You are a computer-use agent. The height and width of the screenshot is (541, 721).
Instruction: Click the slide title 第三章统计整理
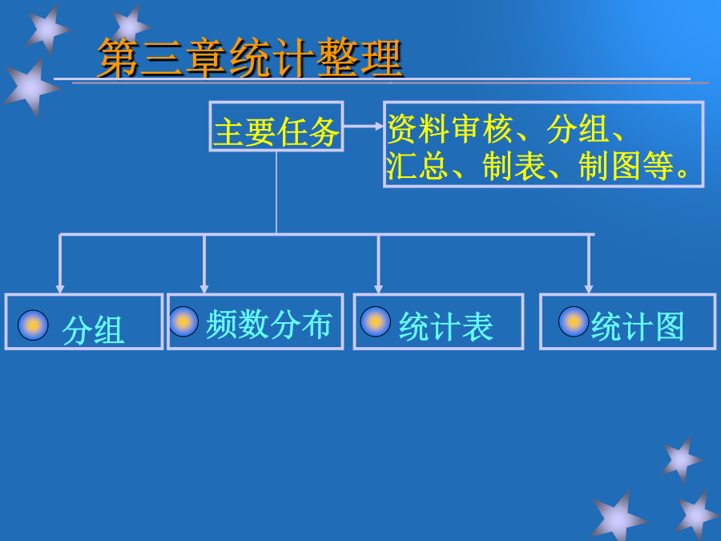[x=250, y=58]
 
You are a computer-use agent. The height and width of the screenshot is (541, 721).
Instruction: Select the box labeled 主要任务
[x=276, y=126]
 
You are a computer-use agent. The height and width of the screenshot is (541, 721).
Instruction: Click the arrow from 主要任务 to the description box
[x=363, y=126]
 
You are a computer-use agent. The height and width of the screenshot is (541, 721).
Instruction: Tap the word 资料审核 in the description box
[x=450, y=129]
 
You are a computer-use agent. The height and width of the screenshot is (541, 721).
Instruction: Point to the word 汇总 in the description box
[x=417, y=166]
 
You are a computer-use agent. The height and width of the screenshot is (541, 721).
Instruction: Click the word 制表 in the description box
[x=514, y=166]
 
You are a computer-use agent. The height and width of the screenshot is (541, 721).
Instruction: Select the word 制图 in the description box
[x=610, y=166]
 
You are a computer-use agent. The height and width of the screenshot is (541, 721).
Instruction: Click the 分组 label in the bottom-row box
[x=94, y=329]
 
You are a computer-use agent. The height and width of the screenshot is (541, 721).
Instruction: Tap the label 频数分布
[x=269, y=325]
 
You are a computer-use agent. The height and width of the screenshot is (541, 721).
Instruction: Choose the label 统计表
[x=446, y=326]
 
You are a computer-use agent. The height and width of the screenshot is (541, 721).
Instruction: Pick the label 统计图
[x=638, y=326]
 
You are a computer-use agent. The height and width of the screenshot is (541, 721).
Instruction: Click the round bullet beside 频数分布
[x=183, y=321]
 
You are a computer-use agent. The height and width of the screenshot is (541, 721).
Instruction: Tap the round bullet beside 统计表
[x=375, y=321]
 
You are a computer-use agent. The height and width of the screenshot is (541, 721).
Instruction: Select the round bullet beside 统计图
[x=574, y=321]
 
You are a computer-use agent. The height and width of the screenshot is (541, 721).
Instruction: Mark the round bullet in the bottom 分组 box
[x=33, y=325]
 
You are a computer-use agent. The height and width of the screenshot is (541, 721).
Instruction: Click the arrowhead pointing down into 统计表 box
[x=378, y=289]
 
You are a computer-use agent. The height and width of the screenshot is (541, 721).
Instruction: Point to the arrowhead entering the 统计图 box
[x=589, y=289]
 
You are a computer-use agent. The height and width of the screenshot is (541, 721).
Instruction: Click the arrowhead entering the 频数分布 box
[x=204, y=289]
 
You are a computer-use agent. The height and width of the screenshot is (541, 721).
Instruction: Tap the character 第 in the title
[x=118, y=58]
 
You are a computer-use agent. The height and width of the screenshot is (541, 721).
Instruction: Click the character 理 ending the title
[x=381, y=58]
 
